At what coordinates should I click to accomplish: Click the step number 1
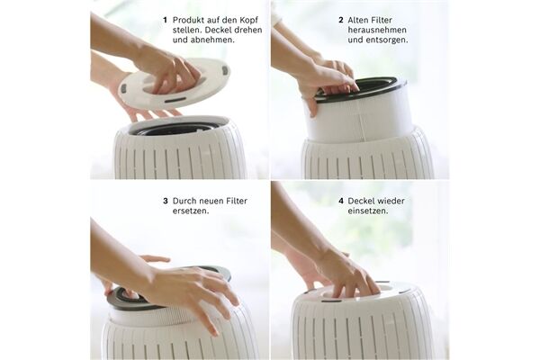pos(165,20)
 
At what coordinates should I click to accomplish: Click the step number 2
pos(340,20)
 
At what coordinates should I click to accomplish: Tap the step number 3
pos(166,201)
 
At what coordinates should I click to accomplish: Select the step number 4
pos(341,201)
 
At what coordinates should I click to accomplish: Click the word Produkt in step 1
pos(187,20)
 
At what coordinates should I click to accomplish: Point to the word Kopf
pos(247,21)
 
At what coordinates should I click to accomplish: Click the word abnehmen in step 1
pos(202,40)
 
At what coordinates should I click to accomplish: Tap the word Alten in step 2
pos(357,20)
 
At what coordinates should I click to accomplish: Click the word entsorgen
pos(386,40)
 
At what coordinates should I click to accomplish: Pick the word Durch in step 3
pos(184,201)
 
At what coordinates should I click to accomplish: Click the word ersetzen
pos(191,211)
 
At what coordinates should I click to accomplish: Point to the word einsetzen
pos(367,211)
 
